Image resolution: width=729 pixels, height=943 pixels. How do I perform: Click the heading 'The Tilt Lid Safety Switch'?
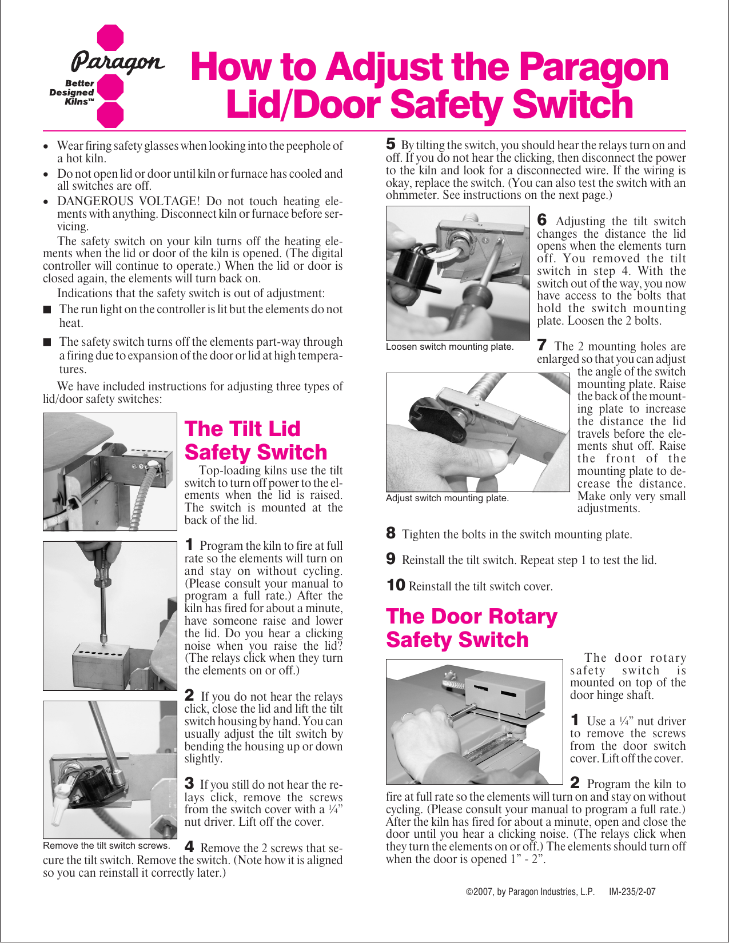(256, 441)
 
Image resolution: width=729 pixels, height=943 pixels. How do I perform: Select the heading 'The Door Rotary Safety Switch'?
(471, 628)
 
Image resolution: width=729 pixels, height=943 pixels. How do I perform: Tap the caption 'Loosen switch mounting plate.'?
(449, 347)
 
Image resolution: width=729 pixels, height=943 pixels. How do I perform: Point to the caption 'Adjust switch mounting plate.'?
(447, 498)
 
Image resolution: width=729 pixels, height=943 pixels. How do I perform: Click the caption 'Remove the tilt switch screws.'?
(106, 846)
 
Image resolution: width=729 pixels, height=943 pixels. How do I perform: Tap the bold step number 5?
(391, 145)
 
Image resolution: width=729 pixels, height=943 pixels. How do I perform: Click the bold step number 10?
(396, 585)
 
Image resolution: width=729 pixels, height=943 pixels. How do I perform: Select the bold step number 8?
(391, 533)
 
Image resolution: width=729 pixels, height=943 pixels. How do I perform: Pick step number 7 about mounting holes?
(542, 345)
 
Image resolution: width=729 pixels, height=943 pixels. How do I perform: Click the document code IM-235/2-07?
(632, 892)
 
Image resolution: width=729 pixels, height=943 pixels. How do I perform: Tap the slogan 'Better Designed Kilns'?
(73, 92)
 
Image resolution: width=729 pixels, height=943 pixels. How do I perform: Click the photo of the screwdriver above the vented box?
(110, 616)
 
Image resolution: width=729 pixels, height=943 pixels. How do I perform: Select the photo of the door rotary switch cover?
(474, 721)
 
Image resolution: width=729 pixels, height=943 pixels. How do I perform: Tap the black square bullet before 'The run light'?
(47, 310)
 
